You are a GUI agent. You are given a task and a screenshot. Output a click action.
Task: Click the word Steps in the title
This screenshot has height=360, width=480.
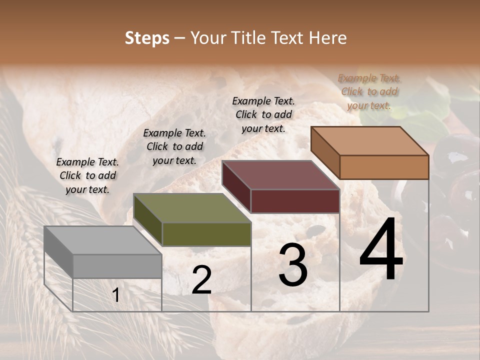tap(147, 38)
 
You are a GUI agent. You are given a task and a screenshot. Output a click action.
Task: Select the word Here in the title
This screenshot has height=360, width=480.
tap(328, 38)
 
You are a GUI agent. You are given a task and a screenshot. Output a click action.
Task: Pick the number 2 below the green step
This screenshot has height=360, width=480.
tap(201, 280)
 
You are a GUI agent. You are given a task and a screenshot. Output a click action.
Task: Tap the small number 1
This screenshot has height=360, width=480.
tap(116, 295)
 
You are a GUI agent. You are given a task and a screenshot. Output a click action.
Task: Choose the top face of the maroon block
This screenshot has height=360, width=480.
tap(280, 175)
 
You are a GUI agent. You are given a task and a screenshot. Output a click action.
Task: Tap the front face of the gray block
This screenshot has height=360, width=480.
tap(117, 266)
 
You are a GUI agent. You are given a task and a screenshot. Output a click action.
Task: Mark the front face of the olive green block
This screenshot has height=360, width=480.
tap(206, 234)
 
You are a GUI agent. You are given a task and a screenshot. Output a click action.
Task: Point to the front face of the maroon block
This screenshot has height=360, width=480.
tap(295, 201)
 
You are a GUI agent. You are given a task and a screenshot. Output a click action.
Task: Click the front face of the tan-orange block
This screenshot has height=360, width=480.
tap(384, 167)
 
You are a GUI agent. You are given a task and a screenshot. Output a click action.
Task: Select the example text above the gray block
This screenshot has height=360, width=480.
tap(87, 175)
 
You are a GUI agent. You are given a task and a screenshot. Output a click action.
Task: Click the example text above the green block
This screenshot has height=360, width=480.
tap(174, 146)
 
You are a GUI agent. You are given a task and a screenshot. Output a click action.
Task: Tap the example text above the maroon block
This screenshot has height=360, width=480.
tap(263, 114)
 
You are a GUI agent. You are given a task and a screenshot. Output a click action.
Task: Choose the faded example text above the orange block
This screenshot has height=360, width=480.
tap(369, 91)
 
